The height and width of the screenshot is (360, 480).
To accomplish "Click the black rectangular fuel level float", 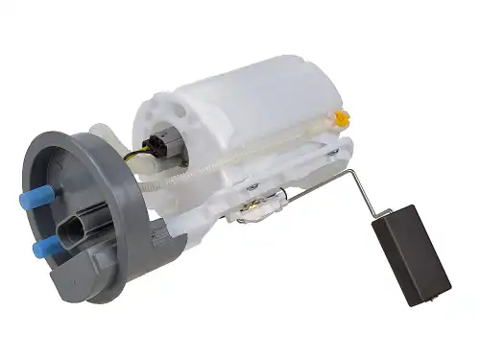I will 411,254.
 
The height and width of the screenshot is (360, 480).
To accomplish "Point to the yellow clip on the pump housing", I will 340,119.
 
